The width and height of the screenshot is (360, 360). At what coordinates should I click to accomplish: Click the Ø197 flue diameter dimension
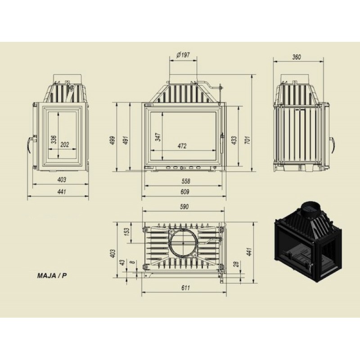[x=183, y=55]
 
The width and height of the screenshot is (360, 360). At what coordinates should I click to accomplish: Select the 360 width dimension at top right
[x=297, y=57]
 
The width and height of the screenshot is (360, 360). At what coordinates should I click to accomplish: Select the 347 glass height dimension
[x=158, y=137]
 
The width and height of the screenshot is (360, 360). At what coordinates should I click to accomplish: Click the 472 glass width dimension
[x=182, y=146]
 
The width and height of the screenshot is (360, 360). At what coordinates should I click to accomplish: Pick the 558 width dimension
[x=185, y=181]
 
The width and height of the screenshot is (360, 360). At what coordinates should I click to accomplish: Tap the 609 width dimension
[x=185, y=192]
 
